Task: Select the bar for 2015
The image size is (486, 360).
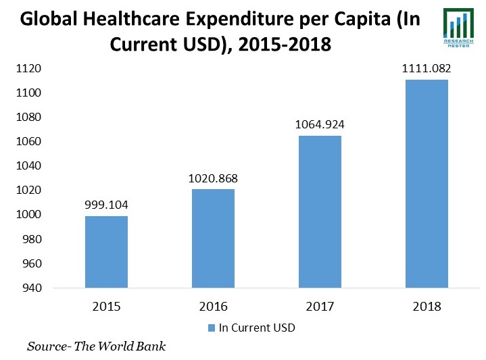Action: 106,252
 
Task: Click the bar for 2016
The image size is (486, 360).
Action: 213,238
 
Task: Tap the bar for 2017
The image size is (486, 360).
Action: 320,212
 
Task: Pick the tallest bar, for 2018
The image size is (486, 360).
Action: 427,184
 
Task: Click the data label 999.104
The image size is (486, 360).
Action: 106,205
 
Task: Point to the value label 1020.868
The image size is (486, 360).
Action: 213,178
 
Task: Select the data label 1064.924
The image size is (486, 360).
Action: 320,125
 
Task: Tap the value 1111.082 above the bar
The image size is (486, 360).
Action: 427,68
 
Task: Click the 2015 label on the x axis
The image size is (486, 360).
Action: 106,306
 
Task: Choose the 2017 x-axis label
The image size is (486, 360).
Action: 320,306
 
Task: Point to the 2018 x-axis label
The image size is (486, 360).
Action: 427,306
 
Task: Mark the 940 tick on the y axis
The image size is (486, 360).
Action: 32,288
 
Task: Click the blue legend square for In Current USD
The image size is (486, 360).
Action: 211,328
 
